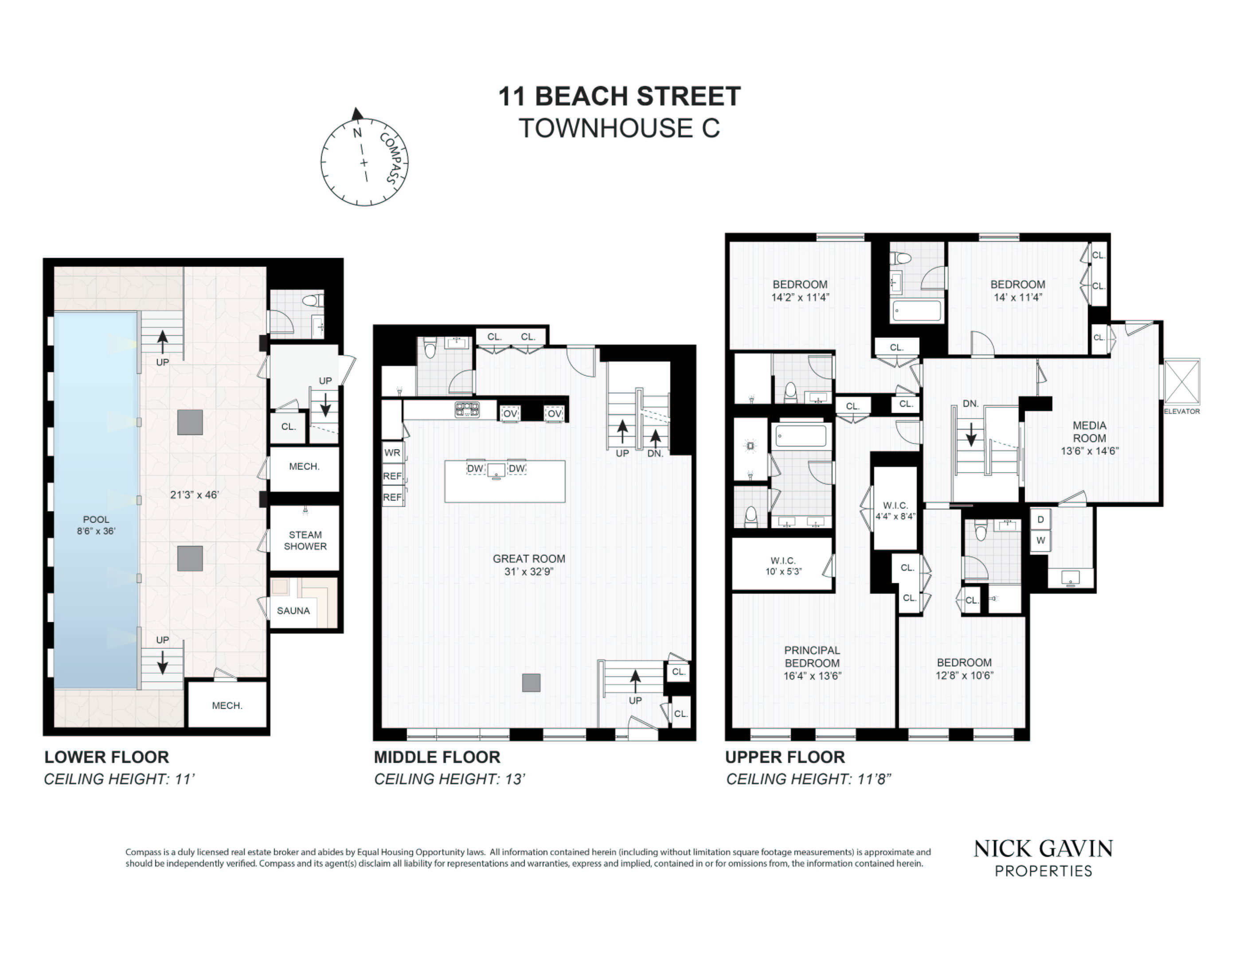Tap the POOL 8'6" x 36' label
[x=96, y=525]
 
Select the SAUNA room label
[x=293, y=611]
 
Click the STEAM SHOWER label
[x=305, y=540]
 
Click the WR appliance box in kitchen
[x=392, y=452]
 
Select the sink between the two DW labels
[x=496, y=470]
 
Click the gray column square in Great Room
[x=531, y=683]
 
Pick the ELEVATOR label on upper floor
[x=1182, y=411]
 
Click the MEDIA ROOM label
[x=1089, y=438]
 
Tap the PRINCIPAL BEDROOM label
[x=812, y=662]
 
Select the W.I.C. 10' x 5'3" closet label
[x=783, y=566]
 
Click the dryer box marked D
[x=1040, y=519]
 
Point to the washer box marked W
[x=1040, y=540]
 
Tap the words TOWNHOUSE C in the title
[x=619, y=128]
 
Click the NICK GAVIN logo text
[x=1043, y=849]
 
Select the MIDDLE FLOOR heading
[x=437, y=757]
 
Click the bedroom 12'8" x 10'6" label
[x=964, y=669]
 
